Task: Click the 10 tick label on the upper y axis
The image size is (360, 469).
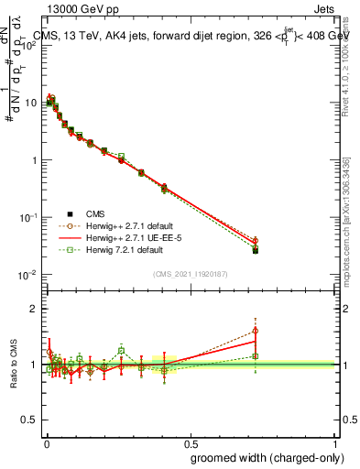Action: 30,103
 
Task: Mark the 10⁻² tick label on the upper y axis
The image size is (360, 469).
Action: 27,274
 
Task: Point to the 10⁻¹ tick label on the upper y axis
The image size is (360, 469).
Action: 27,217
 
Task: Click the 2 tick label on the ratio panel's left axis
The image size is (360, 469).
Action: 34,309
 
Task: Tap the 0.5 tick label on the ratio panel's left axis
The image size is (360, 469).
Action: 30,420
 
